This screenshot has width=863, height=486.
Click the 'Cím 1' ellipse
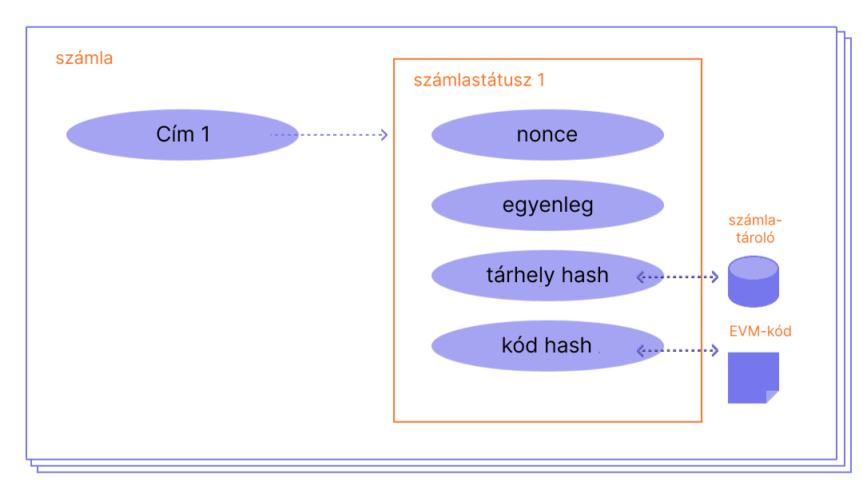click(x=182, y=134)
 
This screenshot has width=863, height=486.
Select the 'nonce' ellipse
click(x=547, y=134)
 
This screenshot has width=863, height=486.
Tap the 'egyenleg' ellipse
click(x=547, y=205)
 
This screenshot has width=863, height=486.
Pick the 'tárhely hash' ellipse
click(x=547, y=276)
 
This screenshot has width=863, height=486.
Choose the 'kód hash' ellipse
click(x=547, y=346)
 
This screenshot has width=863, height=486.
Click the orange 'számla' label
click(x=84, y=58)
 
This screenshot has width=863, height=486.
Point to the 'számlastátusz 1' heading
click(x=479, y=80)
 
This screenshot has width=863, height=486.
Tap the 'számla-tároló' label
click(x=754, y=229)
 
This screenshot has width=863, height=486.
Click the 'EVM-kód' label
click(x=760, y=331)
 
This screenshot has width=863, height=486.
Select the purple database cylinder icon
click(x=754, y=281)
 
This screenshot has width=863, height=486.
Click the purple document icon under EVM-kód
click(x=751, y=376)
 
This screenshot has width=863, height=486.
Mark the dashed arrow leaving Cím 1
click(x=329, y=134)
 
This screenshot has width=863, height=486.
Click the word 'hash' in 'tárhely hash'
click(x=585, y=276)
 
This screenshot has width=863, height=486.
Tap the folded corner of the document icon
click(x=772, y=396)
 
